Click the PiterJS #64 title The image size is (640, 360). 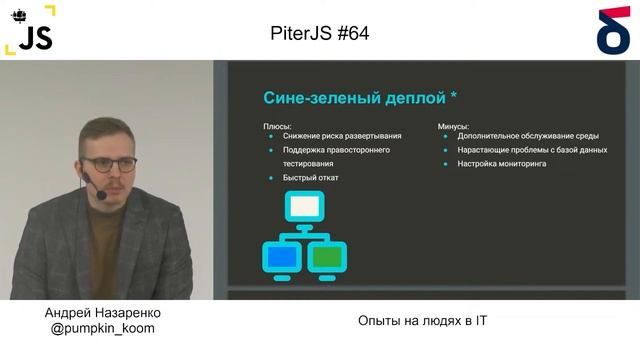click(x=320, y=33)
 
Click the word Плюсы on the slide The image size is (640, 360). click(x=277, y=126)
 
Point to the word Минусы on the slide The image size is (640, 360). click(x=456, y=126)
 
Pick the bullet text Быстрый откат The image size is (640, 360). click(x=311, y=178)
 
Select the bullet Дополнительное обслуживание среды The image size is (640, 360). click(x=526, y=138)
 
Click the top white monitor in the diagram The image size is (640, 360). click(x=304, y=207)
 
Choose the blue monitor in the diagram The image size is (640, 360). click(x=281, y=257)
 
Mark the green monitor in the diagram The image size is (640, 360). click(x=326, y=257)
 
